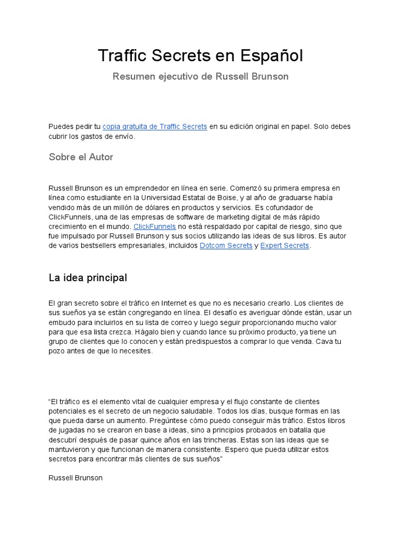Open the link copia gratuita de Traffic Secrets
pyautogui.click(x=154, y=127)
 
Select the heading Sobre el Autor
pyautogui.click(x=81, y=157)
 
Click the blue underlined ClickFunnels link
pyautogui.click(x=154, y=227)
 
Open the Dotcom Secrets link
pyautogui.click(x=226, y=246)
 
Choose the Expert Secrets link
pyautogui.click(x=285, y=246)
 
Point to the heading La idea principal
pyautogui.click(x=87, y=277)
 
